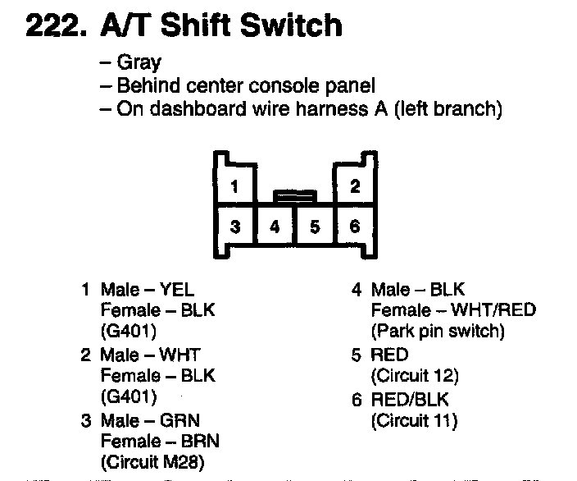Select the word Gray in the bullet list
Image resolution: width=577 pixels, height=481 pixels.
(x=139, y=62)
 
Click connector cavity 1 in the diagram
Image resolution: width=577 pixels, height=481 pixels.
(x=234, y=186)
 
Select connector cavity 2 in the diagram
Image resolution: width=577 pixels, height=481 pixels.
(x=355, y=186)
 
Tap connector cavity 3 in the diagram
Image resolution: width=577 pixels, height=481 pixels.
(x=234, y=226)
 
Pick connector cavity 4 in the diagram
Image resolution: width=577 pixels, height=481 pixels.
(x=275, y=226)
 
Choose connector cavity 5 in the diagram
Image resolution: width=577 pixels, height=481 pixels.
(x=315, y=226)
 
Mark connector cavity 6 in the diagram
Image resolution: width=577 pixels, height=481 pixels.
(x=355, y=226)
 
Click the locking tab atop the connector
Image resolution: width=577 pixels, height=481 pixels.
(x=295, y=195)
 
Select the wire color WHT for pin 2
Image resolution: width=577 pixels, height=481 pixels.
(x=180, y=355)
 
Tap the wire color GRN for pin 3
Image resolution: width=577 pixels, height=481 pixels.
(x=180, y=420)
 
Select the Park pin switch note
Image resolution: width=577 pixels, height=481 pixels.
(x=438, y=332)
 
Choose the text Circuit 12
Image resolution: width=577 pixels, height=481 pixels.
(x=415, y=377)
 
